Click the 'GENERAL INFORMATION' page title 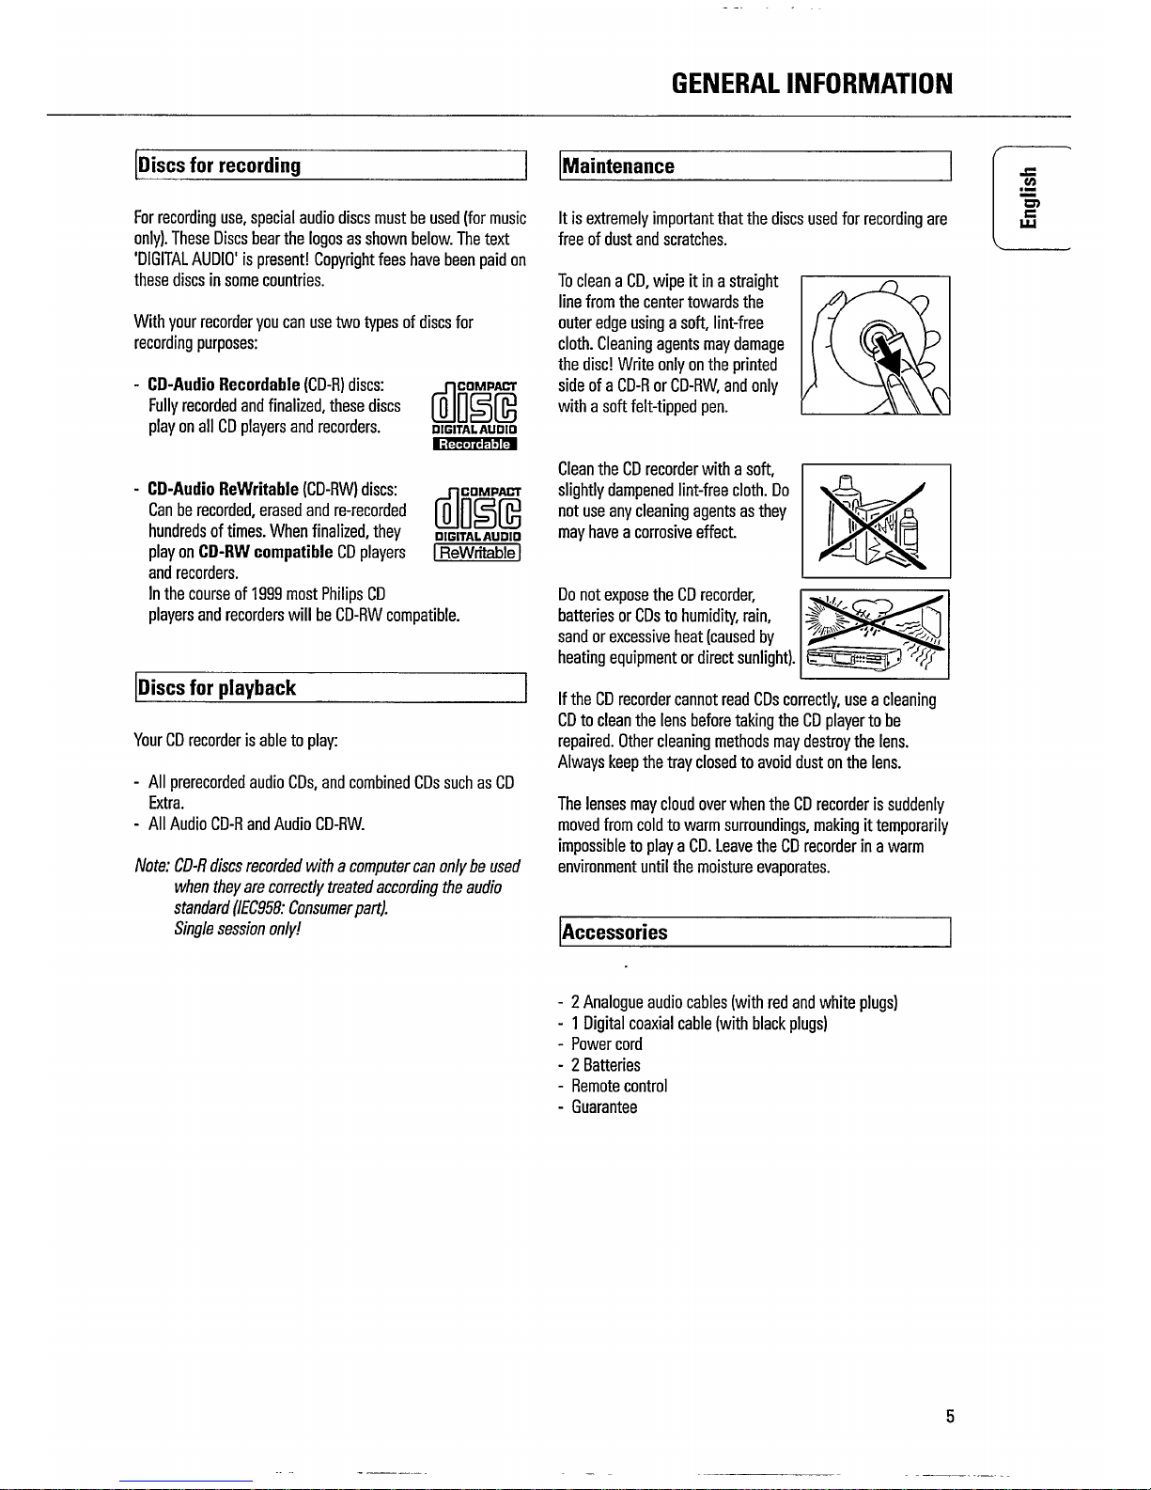812,85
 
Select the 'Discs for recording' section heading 219,166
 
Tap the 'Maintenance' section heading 617,166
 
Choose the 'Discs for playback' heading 217,688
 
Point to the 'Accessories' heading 614,933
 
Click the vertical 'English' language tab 1031,198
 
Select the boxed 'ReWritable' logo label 474,553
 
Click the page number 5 950,1417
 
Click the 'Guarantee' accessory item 604,1106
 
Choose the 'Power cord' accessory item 607,1044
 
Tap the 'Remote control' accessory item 619,1086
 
